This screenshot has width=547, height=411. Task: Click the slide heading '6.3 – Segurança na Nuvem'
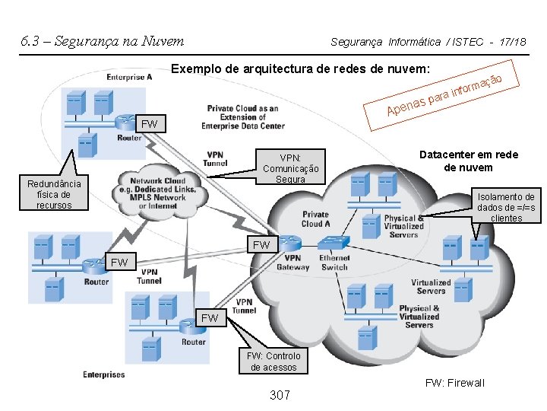click(102, 41)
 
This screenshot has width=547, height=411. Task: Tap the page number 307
click(281, 395)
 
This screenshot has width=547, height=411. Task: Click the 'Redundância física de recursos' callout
click(54, 195)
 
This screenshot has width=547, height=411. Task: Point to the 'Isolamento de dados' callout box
click(506, 207)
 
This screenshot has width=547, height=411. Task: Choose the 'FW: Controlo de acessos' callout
click(273, 362)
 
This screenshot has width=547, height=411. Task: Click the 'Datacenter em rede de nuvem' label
click(468, 161)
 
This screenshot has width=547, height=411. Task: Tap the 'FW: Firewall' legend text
click(454, 383)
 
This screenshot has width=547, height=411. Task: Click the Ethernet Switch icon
click(334, 242)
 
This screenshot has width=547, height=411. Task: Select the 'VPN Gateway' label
click(292, 263)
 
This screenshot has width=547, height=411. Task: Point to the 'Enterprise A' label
click(129, 77)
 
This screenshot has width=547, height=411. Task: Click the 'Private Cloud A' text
click(315, 219)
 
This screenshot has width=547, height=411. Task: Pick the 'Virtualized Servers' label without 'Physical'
click(431, 286)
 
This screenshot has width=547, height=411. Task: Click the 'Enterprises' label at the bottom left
click(104, 374)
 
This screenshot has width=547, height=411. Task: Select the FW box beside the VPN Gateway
click(261, 245)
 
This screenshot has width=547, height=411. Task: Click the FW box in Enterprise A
click(150, 123)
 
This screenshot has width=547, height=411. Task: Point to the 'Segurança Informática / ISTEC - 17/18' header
click(428, 42)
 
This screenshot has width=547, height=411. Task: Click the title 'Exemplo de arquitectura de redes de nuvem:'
click(302, 69)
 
